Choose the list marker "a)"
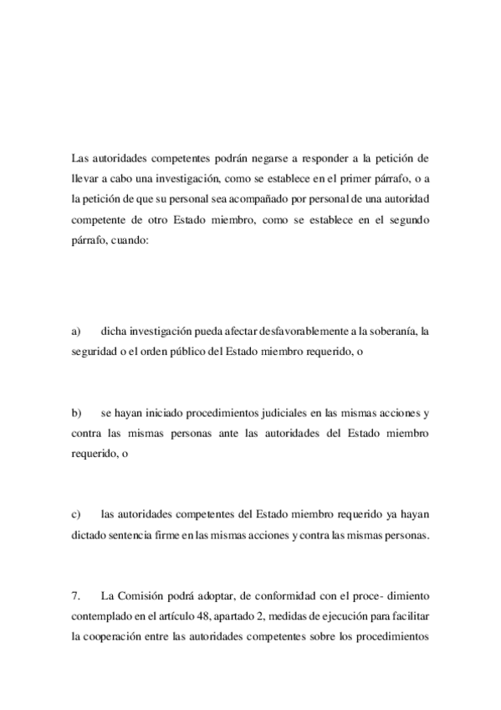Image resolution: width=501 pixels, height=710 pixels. [x=76, y=332]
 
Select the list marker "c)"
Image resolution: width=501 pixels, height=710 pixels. [x=76, y=513]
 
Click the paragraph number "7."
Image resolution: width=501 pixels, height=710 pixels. [x=76, y=596]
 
